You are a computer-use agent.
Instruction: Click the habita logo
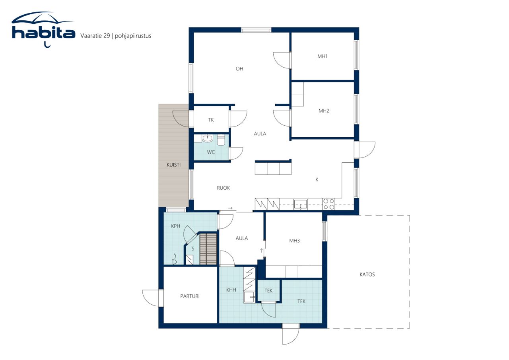click(43, 29)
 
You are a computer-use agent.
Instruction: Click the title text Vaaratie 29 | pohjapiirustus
click(116, 36)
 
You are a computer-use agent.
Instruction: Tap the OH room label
click(239, 69)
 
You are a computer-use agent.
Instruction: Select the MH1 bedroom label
click(322, 56)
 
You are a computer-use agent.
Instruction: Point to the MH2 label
click(324, 111)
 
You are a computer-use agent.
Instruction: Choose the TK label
click(211, 120)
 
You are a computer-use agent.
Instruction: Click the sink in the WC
click(207, 138)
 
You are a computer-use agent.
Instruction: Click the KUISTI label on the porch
click(174, 165)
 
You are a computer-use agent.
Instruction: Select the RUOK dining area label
click(223, 188)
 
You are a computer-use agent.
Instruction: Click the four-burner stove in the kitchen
click(328, 204)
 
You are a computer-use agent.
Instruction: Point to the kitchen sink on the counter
click(300, 204)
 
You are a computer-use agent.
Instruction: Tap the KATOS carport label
click(367, 274)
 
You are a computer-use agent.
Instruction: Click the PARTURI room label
click(190, 296)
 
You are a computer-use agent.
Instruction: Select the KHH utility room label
click(231, 290)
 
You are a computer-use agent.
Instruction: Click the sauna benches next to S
click(208, 249)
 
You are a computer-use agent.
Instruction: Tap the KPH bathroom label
click(175, 226)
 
